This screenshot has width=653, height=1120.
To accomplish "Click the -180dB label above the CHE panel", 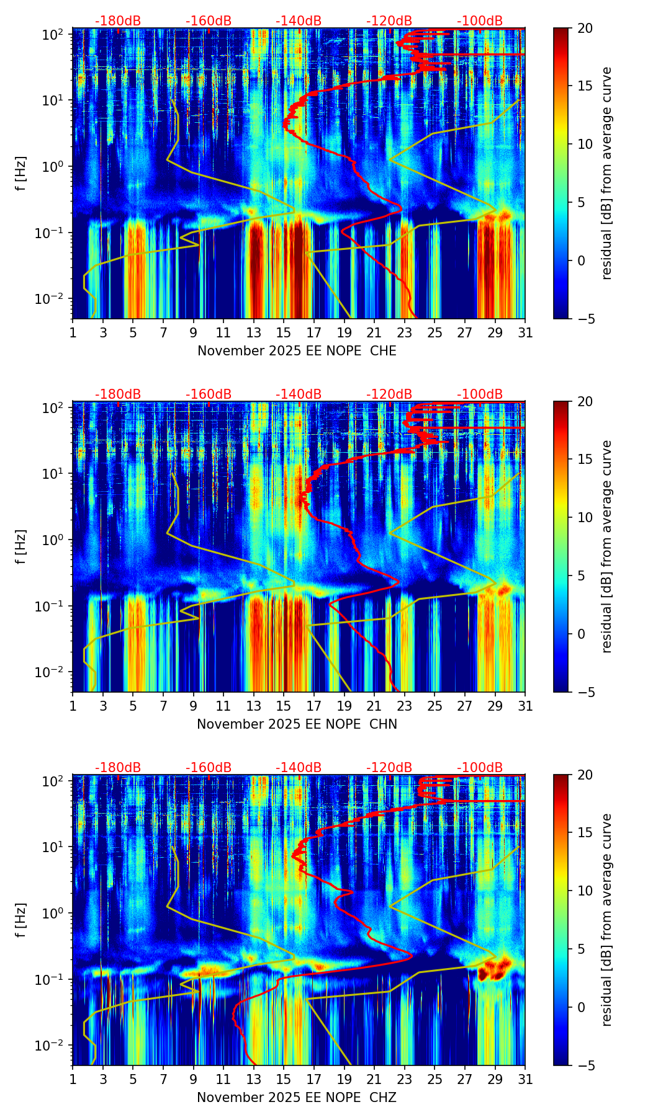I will (x=118, y=21).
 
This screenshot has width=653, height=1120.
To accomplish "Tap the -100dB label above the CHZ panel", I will (x=480, y=768).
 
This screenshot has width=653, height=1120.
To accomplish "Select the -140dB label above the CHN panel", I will (x=299, y=394).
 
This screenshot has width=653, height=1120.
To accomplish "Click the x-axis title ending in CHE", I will (x=297, y=351).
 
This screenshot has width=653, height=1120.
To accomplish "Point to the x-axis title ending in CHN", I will (x=297, y=724).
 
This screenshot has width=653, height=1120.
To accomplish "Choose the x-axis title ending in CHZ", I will (x=297, y=1098).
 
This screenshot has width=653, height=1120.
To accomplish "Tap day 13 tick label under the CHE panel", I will (x=254, y=332).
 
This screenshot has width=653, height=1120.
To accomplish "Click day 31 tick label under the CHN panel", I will (x=525, y=706).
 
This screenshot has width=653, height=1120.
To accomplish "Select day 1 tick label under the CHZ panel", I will (x=73, y=1079).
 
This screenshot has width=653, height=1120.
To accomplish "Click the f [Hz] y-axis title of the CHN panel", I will (x=21, y=546).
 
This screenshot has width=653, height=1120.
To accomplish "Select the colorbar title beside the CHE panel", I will (x=607, y=174).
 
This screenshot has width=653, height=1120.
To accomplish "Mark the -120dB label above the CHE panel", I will (x=389, y=21).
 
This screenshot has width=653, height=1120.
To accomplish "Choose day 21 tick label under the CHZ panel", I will (x=374, y=1079).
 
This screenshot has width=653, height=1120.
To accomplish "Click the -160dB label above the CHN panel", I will (x=209, y=394).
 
